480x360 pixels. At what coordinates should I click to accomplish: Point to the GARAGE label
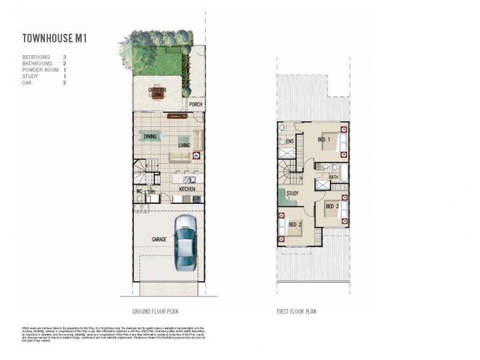click(159, 239)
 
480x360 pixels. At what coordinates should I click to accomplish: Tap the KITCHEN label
click(187, 189)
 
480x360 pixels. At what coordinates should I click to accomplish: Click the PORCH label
click(196, 104)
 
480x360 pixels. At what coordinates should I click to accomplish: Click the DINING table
click(150, 137)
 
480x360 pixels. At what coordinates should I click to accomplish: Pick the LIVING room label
click(184, 145)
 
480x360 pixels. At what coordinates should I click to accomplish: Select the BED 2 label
click(295, 224)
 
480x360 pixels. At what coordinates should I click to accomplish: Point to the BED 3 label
click(332, 206)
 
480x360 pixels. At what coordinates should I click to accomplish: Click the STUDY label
click(293, 193)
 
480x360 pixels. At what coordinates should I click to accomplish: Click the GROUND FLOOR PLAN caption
click(155, 311)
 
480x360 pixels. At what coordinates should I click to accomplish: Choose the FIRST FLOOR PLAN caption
click(296, 311)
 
